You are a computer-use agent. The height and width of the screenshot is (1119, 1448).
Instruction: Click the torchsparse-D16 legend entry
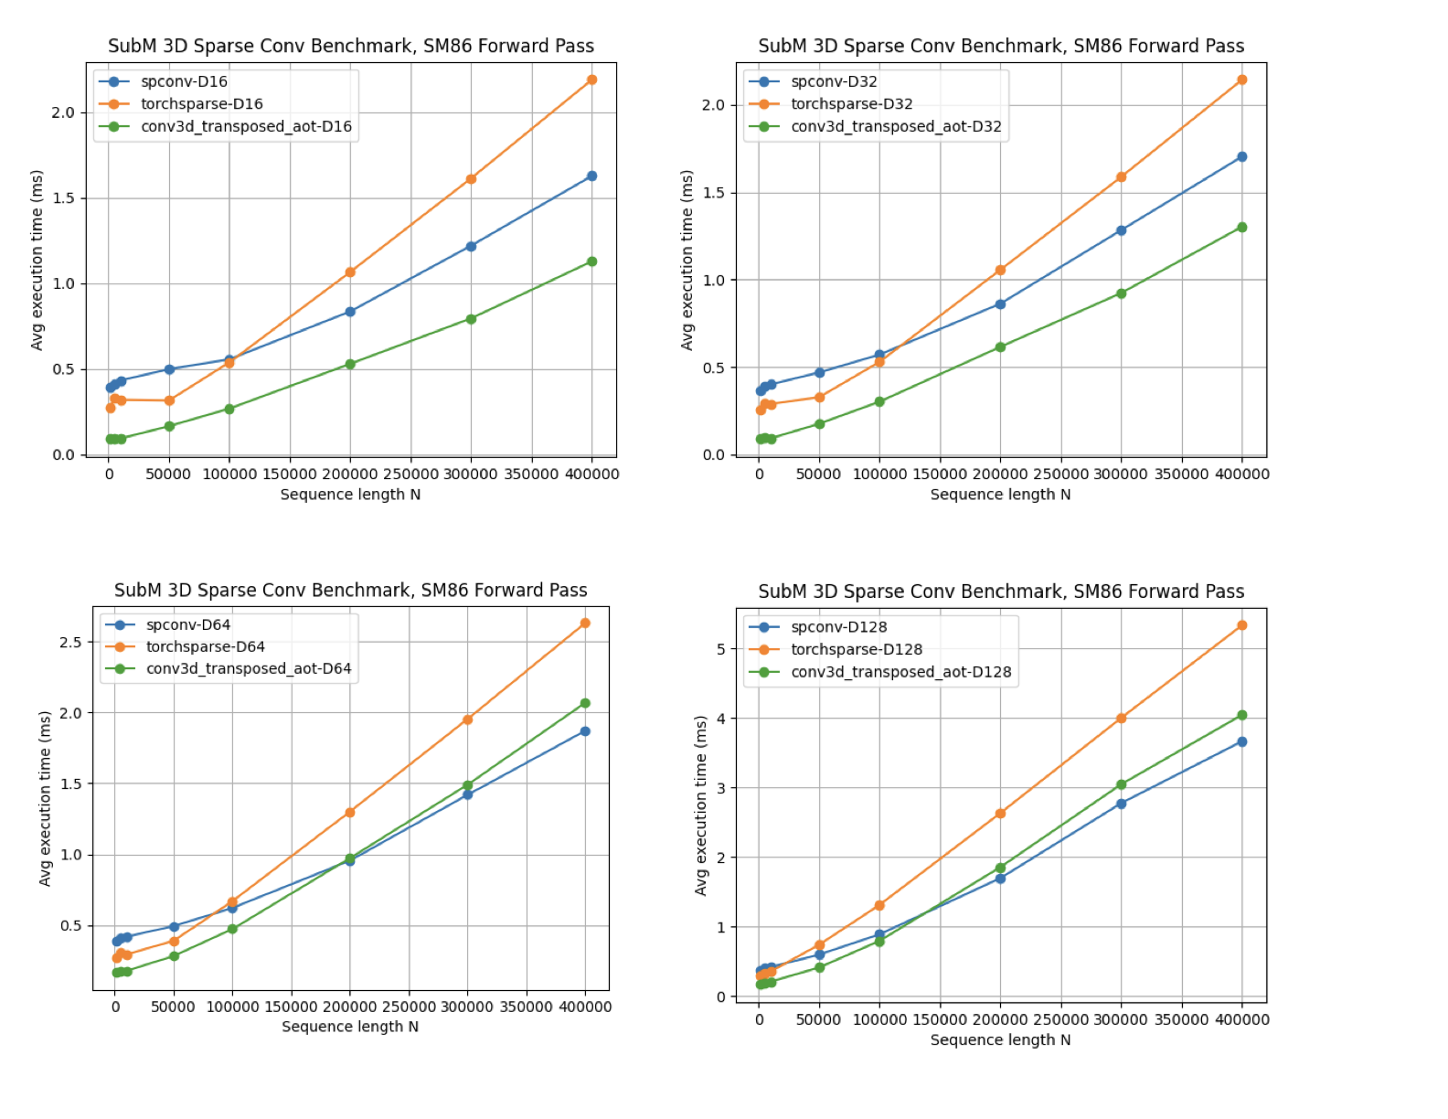pyautogui.click(x=201, y=104)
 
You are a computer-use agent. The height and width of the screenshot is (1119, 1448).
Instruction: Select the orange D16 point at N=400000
pyautogui.click(x=591, y=80)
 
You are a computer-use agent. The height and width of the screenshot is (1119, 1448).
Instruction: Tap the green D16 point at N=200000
pyautogui.click(x=350, y=364)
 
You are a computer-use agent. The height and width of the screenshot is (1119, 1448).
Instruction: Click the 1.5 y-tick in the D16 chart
pyautogui.click(x=63, y=198)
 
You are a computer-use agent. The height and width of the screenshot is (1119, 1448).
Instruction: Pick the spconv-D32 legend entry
pyautogui.click(x=833, y=81)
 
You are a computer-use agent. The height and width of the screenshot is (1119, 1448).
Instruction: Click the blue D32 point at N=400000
pyautogui.click(x=1241, y=157)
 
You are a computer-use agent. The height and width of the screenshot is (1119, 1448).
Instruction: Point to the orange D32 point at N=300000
pyautogui.click(x=1121, y=177)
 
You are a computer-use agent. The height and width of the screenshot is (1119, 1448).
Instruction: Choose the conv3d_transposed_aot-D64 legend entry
pyautogui.click(x=248, y=669)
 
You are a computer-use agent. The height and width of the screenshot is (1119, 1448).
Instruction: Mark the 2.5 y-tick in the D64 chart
pyautogui.click(x=70, y=643)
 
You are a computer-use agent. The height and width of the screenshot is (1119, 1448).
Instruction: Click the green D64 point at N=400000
pyautogui.click(x=585, y=703)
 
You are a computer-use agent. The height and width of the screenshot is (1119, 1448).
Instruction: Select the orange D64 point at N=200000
pyautogui.click(x=350, y=813)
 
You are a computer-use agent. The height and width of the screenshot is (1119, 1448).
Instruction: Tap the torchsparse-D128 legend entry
pyautogui.click(x=856, y=650)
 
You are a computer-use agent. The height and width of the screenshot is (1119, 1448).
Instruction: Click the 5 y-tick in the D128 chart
pyautogui.click(x=721, y=649)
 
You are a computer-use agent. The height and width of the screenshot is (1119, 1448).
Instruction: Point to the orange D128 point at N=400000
pyautogui.click(x=1241, y=626)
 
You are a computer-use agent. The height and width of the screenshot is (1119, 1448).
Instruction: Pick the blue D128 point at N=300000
pyautogui.click(x=1121, y=804)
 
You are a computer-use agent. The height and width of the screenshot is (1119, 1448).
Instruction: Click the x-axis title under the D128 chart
pyautogui.click(x=1000, y=1040)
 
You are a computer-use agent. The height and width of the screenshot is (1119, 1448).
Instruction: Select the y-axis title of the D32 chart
pyautogui.click(x=687, y=261)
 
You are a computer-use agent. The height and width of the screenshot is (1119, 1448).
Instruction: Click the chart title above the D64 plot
pyautogui.click(x=350, y=591)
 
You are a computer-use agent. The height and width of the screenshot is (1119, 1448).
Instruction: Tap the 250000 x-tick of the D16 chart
pyautogui.click(x=410, y=474)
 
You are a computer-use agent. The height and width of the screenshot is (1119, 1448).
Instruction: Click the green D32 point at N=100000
pyautogui.click(x=879, y=402)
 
